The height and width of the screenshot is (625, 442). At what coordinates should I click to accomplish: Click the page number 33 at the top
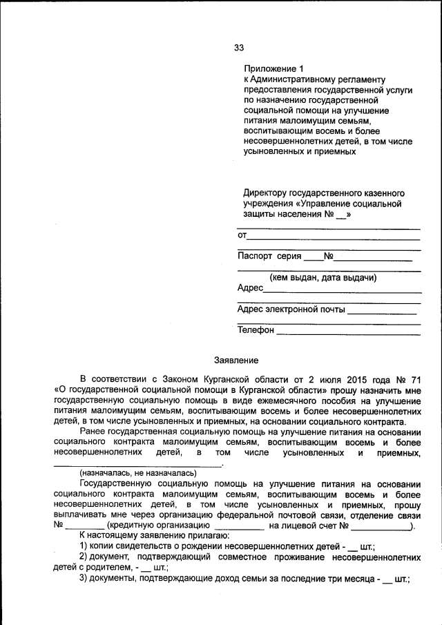pyautogui.click(x=238, y=48)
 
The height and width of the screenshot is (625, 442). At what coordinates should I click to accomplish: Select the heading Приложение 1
pyautogui.click(x=273, y=69)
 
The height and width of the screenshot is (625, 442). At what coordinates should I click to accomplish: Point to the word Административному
pyautogui.click(x=302, y=79)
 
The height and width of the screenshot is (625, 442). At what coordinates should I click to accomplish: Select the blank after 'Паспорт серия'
pyautogui.click(x=313, y=258)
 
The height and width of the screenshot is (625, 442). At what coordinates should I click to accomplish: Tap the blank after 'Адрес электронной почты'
pyautogui.click(x=381, y=311)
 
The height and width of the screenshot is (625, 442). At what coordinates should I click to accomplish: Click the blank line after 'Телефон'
pyautogui.click(x=348, y=331)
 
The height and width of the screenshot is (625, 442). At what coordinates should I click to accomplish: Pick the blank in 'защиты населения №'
pyautogui.click(x=340, y=215)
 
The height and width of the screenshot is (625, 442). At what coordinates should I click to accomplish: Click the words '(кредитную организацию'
pyautogui.click(x=153, y=526)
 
